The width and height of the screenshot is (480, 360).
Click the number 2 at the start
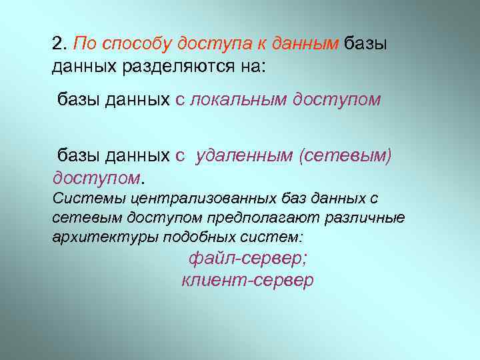[57, 44]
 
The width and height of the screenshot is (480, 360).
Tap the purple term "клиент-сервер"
[247, 280]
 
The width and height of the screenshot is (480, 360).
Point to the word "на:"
[238, 66]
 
